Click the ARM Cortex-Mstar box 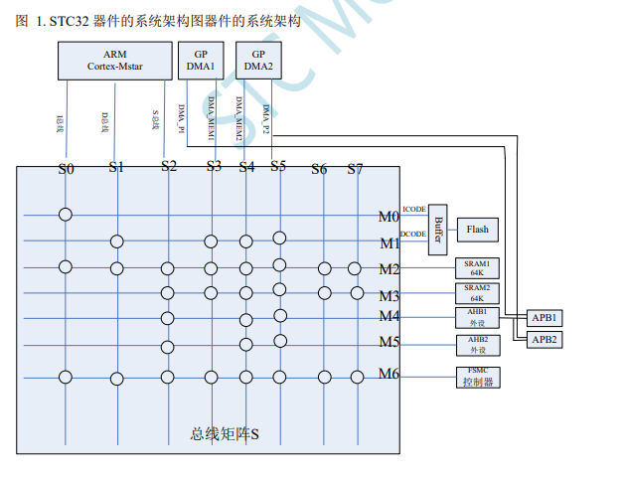(x=114, y=62)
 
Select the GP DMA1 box (x=202, y=62)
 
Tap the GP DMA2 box (x=258, y=62)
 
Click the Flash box (x=477, y=230)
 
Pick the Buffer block (x=438, y=230)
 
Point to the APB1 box (x=544, y=317)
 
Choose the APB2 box (x=544, y=340)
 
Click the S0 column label (x=66, y=169)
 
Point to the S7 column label (x=355, y=169)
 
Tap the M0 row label (x=388, y=217)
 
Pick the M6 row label (x=388, y=374)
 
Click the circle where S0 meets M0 (x=66, y=215)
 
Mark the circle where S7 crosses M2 (x=355, y=268)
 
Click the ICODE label (x=414, y=209)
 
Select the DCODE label (x=413, y=235)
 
